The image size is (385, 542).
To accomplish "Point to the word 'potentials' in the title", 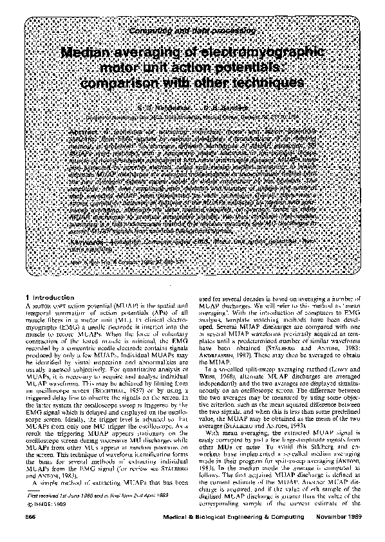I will pos(243,69).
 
